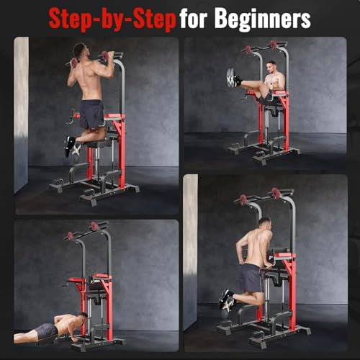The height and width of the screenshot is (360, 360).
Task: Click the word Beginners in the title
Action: click(263, 19)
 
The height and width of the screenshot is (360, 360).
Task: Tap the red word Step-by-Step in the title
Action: click(112, 20)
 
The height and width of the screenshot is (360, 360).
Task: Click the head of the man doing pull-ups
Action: click(80, 50)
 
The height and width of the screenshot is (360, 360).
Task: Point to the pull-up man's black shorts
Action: click(91, 114)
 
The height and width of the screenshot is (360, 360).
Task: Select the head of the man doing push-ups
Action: click(82, 318)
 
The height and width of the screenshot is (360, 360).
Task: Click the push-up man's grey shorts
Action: click(46, 330)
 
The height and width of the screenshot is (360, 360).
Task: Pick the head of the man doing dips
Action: click(264, 224)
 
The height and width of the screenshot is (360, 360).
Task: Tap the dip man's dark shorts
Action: click(250, 278)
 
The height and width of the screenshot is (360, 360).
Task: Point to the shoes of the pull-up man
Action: click(72, 147)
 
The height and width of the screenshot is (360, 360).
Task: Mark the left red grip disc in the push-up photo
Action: click(70, 235)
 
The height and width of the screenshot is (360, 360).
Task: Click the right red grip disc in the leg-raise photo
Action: click(273, 45)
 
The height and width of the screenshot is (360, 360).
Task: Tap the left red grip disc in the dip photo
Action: click(243, 200)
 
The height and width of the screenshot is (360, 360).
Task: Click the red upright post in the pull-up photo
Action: click(122, 152)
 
